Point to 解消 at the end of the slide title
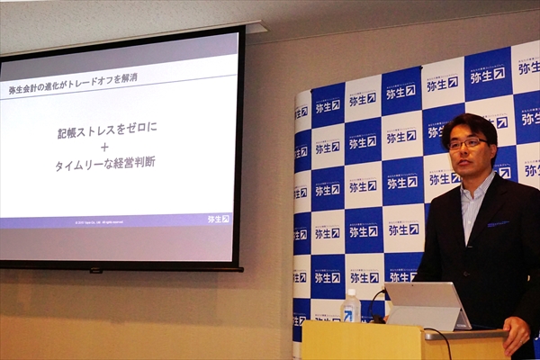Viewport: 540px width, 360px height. point(129,80)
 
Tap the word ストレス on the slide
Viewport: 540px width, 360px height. point(100,132)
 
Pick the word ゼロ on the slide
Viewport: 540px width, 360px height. point(136,129)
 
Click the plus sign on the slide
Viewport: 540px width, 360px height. point(105,147)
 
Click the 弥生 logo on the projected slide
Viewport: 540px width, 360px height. point(218,219)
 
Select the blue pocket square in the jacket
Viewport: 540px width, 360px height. point(498,224)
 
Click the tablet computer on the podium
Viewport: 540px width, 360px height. point(427,306)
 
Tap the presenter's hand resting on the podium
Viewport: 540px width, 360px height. point(517,334)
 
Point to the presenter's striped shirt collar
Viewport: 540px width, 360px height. point(474,193)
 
